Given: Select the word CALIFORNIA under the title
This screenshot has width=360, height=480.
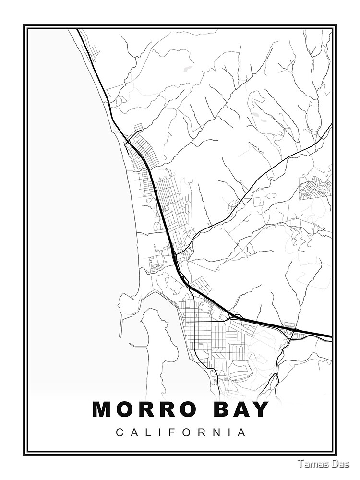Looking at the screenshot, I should point(181,432).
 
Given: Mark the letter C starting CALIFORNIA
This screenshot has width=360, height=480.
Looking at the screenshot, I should point(119,432).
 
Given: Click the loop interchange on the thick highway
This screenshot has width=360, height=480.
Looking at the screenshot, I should point(235,317).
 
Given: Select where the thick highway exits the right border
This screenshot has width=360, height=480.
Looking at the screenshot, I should point(331,336).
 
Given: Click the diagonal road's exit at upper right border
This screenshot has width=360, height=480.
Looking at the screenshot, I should point(330,125).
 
